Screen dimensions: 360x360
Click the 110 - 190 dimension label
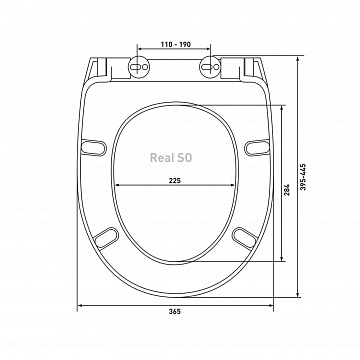tap(176, 44)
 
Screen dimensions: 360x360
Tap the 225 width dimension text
tap(175, 181)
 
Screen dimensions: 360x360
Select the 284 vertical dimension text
tap(287, 190)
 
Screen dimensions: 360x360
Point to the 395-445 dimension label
tap(303, 177)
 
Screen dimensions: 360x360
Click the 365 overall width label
tap(174, 312)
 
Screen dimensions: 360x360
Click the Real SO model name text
tap(171, 158)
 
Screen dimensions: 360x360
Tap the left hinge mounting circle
tap(139, 67)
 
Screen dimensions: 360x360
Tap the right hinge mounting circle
tap(210, 67)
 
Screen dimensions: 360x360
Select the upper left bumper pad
tap(94, 148)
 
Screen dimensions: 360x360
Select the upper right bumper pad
tap(257, 148)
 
